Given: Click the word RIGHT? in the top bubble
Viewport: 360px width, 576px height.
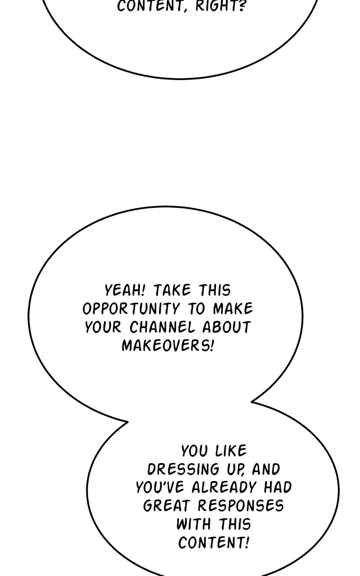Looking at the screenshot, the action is (x=220, y=6).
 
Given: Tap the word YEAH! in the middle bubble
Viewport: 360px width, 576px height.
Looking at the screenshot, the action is (x=125, y=290).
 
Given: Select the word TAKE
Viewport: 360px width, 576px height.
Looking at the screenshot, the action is (x=172, y=290).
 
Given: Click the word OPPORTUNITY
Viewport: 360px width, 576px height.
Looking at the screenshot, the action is (x=131, y=309).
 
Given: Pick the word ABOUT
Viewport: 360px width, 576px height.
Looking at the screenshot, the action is (x=226, y=327).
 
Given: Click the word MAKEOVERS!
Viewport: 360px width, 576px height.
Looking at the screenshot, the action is (x=168, y=345).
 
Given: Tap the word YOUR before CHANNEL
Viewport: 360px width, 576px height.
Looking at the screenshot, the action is (x=103, y=327).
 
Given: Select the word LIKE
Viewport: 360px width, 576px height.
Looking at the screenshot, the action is (x=231, y=451).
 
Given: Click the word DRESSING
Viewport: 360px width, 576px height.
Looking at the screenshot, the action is (x=183, y=469).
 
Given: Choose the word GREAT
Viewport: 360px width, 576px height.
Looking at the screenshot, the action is (x=166, y=505).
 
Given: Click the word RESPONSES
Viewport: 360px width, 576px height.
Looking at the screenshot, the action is (x=241, y=505).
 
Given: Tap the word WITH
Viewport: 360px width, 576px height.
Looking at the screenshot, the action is (x=193, y=524).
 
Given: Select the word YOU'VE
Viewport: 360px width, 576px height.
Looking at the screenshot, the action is (x=160, y=487).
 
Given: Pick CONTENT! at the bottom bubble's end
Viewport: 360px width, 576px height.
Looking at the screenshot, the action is (x=214, y=543).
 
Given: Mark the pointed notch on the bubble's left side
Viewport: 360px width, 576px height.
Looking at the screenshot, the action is (x=127, y=422).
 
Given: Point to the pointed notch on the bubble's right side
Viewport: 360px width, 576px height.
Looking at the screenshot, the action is (x=252, y=401).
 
